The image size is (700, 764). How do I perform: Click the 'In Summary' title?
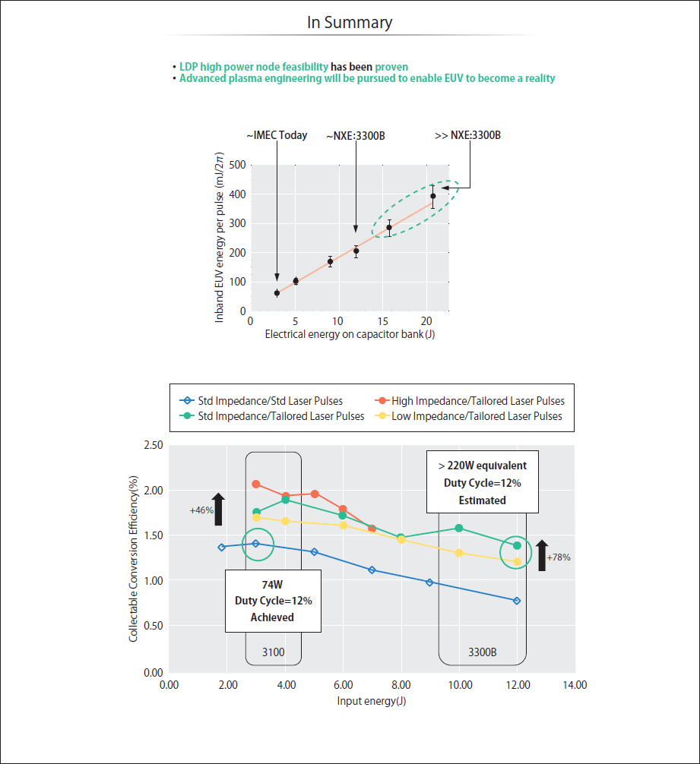pyautogui.click(x=350, y=23)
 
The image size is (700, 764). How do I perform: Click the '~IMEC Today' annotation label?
pyautogui.click(x=277, y=135)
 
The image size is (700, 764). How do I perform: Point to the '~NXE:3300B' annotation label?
pyautogui.click(x=356, y=136)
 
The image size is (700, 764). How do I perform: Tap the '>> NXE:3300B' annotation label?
pyautogui.click(x=467, y=135)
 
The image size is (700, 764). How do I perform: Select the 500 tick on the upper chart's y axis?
pyautogui.click(x=238, y=165)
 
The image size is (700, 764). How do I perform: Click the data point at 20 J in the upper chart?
pyautogui.click(x=432, y=196)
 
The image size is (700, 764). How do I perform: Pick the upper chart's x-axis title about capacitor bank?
pyautogui.click(x=350, y=334)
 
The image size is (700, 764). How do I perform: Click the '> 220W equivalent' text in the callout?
pyautogui.click(x=482, y=466)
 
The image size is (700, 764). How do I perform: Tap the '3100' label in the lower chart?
pyautogui.click(x=273, y=652)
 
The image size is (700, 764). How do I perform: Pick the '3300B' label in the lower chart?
pyautogui.click(x=482, y=652)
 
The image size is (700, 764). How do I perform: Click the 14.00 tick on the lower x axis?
pyautogui.click(x=575, y=685)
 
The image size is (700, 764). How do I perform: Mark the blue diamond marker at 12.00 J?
pyautogui.click(x=517, y=601)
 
